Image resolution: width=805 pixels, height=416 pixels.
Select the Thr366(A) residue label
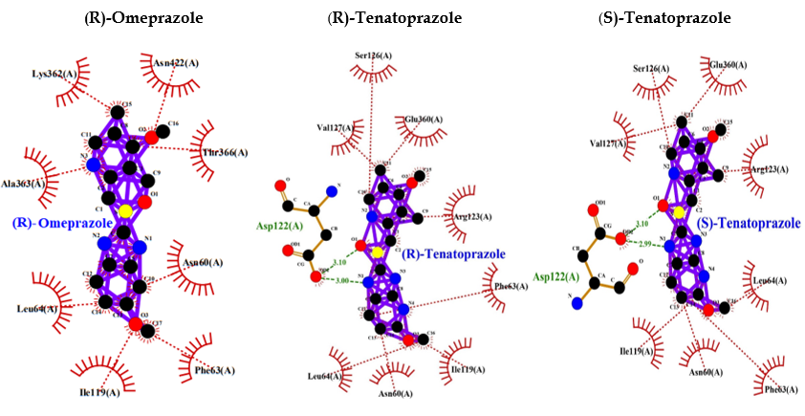(x=224, y=153)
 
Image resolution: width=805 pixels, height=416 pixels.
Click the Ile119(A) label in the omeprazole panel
(x=100, y=392)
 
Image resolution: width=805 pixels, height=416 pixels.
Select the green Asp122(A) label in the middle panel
(x=277, y=227)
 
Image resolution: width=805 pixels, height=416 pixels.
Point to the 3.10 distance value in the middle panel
(x=339, y=262)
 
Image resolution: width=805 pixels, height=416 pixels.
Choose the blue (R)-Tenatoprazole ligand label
(x=455, y=253)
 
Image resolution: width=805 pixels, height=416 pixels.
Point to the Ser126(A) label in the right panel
(x=650, y=69)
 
